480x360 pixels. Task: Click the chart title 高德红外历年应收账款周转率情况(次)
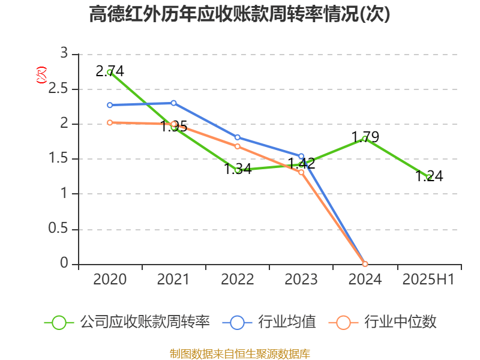(x=239, y=14)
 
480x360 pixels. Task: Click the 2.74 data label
(x=110, y=71)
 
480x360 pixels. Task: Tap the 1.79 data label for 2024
(x=365, y=137)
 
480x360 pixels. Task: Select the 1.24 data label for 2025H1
(x=429, y=176)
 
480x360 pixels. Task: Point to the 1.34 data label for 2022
(x=238, y=169)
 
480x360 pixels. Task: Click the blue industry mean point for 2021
(x=173, y=103)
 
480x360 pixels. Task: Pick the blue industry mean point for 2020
(x=110, y=105)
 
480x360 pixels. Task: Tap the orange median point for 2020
(x=110, y=122)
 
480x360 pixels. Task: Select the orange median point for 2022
(x=238, y=146)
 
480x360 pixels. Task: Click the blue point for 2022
(x=238, y=137)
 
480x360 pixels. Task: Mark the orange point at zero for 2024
(x=365, y=264)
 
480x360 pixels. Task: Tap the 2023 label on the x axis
(x=301, y=280)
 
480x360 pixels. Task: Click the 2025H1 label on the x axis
(x=428, y=280)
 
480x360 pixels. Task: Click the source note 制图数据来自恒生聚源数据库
(x=239, y=353)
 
